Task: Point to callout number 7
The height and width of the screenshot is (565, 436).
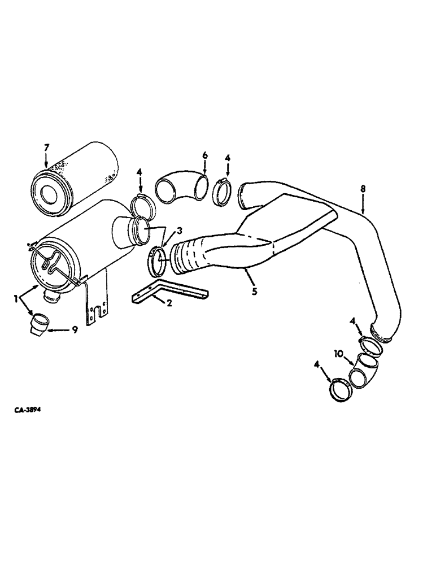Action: click(47, 148)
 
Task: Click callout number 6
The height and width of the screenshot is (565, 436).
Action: click(205, 155)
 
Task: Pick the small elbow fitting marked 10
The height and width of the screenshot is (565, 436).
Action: click(364, 373)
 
